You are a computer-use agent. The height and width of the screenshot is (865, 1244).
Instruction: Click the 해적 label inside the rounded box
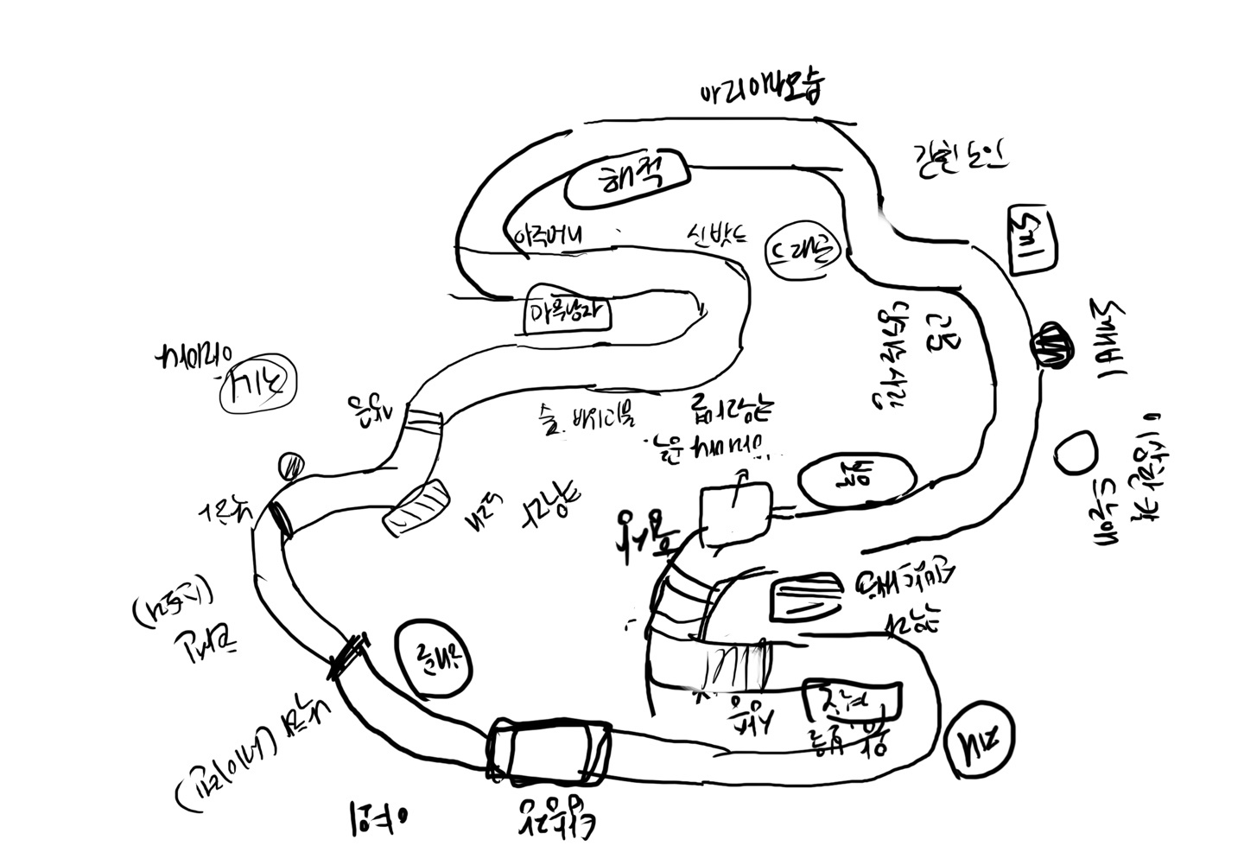coord(628,181)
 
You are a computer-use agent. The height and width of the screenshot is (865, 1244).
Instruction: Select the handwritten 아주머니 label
coord(549,235)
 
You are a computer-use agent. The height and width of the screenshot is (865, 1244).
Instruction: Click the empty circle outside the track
coord(1076,452)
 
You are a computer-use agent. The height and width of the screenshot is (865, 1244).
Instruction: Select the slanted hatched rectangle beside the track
coord(417,505)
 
